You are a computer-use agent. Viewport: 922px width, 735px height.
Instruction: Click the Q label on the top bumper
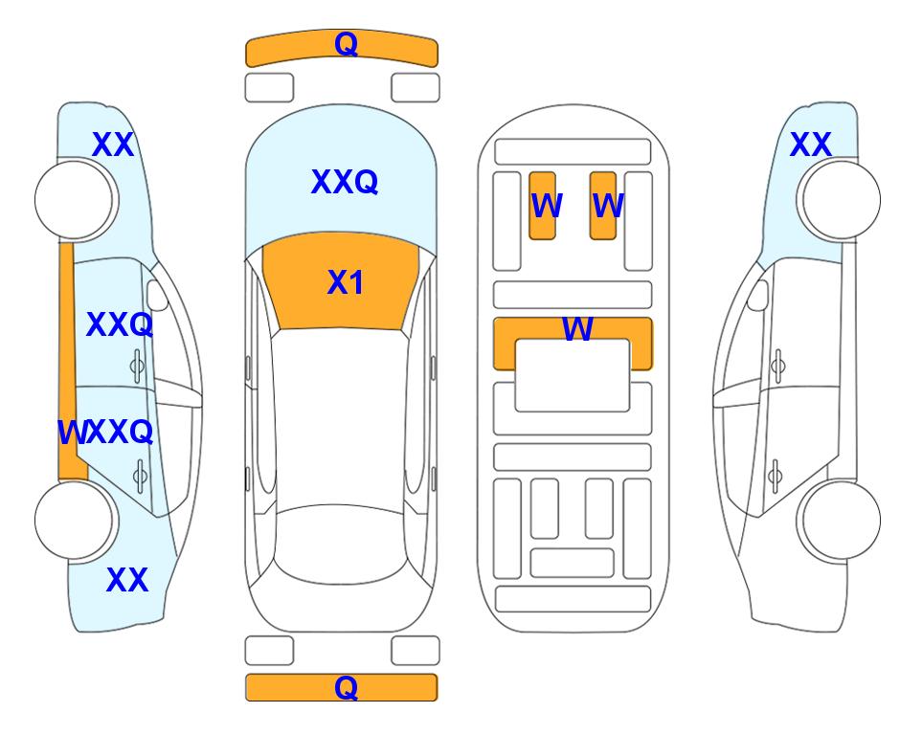(346, 44)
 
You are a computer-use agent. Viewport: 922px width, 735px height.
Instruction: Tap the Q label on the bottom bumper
(346, 687)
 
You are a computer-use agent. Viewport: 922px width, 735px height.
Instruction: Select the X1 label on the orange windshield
(346, 282)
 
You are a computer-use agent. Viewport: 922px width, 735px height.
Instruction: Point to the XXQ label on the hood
(345, 182)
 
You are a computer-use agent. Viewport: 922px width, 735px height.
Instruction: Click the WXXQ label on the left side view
(105, 433)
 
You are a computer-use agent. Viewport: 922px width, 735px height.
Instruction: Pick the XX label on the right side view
(810, 145)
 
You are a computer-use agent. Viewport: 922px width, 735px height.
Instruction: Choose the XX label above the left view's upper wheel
(113, 145)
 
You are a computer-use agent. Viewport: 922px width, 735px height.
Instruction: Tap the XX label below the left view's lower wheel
(127, 580)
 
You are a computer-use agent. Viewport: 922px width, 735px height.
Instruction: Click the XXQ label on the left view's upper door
(120, 324)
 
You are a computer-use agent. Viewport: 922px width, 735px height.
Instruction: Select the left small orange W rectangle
(542, 206)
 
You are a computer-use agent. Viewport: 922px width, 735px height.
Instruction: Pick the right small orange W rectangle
(603, 206)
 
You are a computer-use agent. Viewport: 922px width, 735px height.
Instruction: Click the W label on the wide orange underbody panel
(577, 328)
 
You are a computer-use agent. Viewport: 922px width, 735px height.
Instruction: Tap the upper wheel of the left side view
(76, 200)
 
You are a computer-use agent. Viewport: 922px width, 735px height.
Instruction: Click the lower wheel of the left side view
(76, 520)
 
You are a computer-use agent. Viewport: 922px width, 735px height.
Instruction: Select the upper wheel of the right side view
(840, 200)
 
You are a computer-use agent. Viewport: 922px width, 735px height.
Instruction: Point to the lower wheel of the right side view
(840, 520)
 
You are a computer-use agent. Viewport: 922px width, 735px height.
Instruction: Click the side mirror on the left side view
(157, 295)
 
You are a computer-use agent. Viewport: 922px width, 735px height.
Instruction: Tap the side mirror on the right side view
(758, 295)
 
